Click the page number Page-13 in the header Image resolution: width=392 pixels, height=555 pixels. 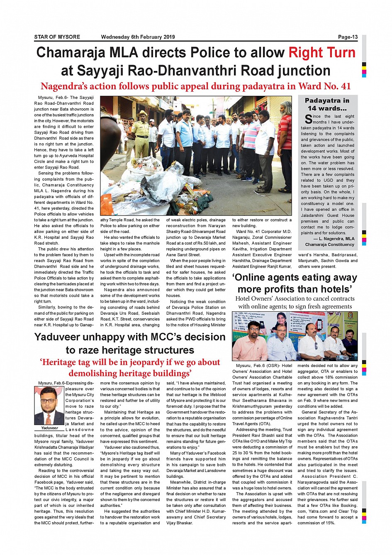(x=348, y=37)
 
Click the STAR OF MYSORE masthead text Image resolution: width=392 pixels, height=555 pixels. (x=57, y=37)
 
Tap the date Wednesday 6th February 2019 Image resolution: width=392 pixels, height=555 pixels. (x=138, y=37)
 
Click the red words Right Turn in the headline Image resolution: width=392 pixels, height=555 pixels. (x=322, y=53)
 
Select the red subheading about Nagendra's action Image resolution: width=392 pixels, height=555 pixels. (x=195, y=86)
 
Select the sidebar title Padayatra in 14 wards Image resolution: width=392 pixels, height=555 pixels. (x=327, y=104)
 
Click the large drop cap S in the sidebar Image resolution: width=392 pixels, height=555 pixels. (x=308, y=120)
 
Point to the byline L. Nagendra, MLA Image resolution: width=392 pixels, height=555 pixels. (x=334, y=239)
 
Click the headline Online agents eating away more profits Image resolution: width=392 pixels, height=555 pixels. (x=295, y=283)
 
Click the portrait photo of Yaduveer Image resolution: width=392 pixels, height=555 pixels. (x=49, y=406)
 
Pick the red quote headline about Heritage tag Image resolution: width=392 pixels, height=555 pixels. (x=130, y=368)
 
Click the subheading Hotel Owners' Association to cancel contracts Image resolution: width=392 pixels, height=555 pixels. (x=295, y=303)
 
